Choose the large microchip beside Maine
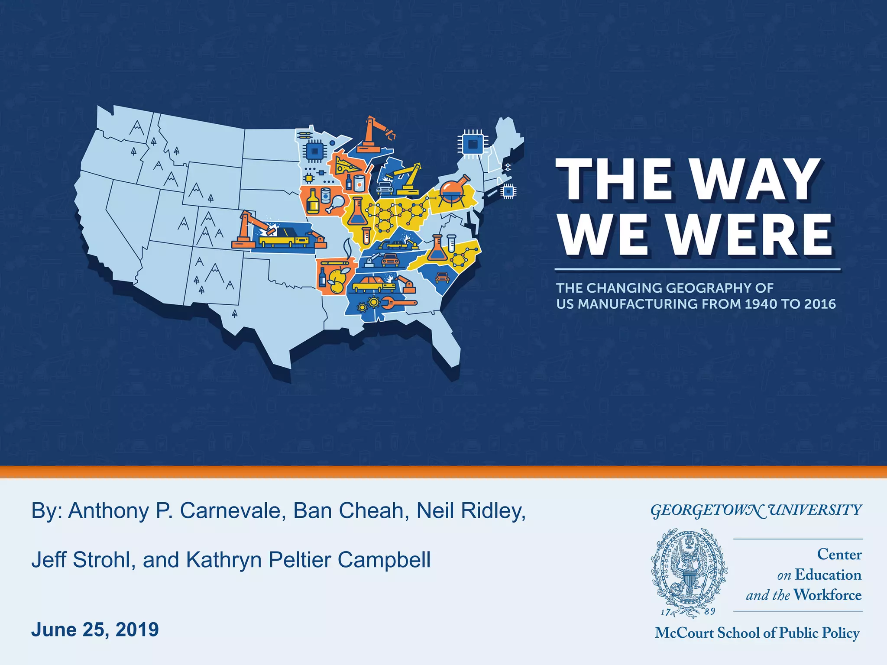(473, 142)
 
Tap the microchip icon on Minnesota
(314, 151)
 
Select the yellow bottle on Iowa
(313, 202)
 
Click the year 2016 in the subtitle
(820, 304)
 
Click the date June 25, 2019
(95, 629)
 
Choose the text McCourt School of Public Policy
(757, 633)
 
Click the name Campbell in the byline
(384, 560)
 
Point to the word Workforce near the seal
(828, 595)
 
